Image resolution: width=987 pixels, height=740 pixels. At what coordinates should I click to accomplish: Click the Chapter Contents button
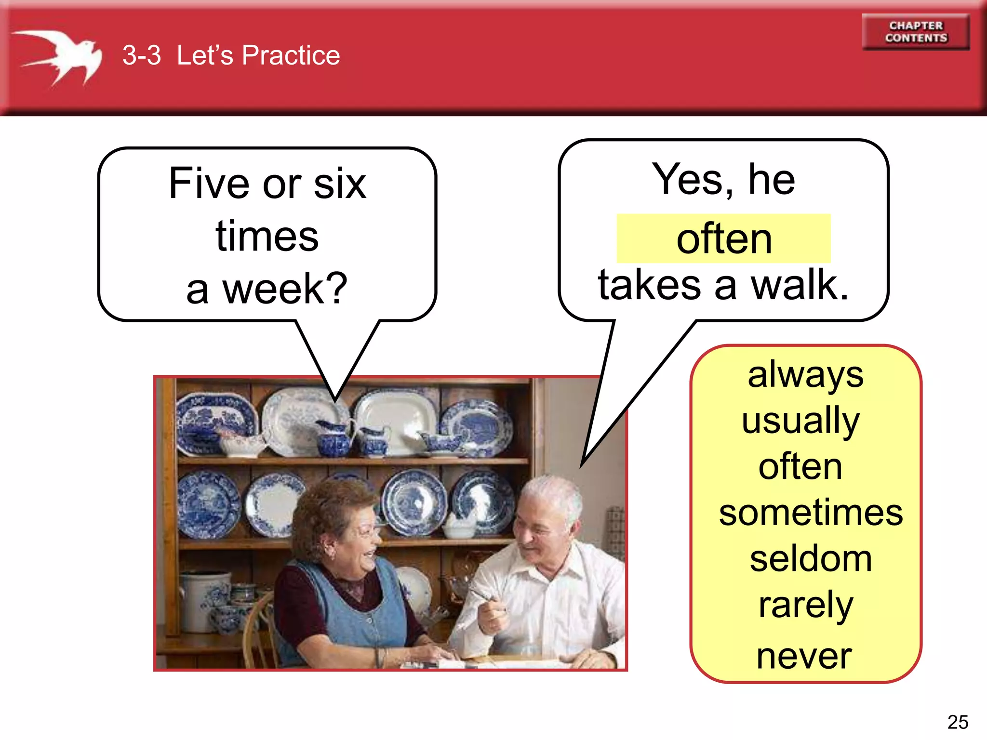click(x=916, y=32)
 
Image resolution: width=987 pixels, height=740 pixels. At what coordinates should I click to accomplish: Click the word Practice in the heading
click(x=291, y=55)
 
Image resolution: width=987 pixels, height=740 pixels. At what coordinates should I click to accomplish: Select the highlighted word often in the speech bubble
click(x=724, y=239)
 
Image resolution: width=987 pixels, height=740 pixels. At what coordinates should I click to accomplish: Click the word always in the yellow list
click(x=805, y=375)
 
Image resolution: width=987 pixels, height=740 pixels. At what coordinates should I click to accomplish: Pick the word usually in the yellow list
click(x=800, y=420)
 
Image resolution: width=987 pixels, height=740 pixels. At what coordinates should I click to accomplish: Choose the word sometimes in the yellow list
click(x=811, y=512)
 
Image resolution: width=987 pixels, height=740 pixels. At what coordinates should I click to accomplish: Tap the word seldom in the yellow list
click(x=811, y=559)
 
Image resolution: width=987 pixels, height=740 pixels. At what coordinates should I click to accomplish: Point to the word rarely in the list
click(x=805, y=605)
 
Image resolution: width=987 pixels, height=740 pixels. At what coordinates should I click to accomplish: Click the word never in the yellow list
click(x=804, y=656)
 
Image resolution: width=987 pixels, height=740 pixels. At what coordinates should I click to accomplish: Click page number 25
click(x=958, y=722)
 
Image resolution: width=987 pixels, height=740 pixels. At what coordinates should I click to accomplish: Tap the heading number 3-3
click(x=141, y=55)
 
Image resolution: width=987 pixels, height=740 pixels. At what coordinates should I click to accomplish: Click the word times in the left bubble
click(x=267, y=236)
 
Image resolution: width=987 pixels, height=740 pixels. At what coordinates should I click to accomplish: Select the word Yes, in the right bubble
click(x=693, y=179)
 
